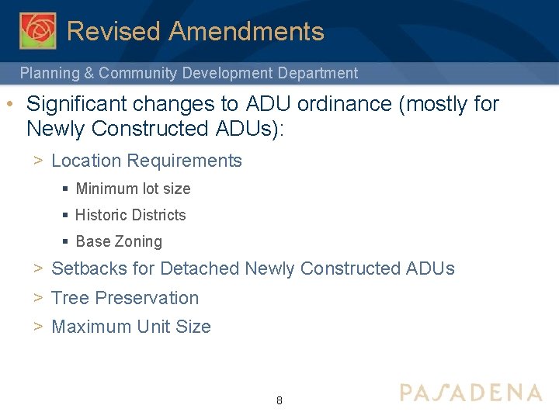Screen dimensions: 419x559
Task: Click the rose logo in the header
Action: (x=37, y=30)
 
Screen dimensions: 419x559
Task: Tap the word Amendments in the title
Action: (x=246, y=32)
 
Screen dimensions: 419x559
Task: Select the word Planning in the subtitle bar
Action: (x=49, y=74)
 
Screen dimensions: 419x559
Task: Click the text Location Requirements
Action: (x=147, y=161)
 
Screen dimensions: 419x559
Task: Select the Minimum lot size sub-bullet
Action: (x=133, y=189)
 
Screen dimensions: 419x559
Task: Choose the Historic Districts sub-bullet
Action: (x=130, y=215)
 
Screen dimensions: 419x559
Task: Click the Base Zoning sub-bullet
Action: (x=119, y=241)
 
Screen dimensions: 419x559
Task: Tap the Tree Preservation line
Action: (x=125, y=298)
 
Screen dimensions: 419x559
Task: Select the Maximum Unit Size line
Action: (x=131, y=327)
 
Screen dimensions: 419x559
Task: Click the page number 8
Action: (x=279, y=401)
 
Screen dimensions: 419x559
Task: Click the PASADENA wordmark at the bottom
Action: (x=470, y=393)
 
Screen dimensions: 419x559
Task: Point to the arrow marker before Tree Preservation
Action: (x=37, y=298)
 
